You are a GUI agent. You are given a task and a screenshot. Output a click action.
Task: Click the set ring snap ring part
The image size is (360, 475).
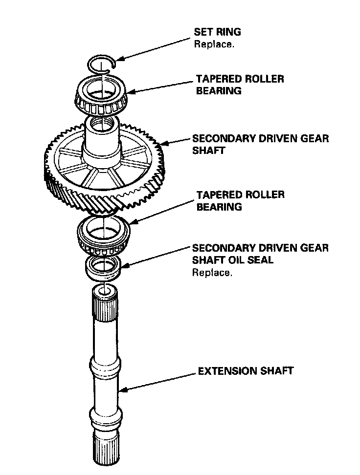102,64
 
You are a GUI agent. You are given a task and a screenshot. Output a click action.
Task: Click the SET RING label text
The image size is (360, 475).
218,32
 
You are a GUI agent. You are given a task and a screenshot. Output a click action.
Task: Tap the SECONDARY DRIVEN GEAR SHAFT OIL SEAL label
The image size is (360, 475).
260,254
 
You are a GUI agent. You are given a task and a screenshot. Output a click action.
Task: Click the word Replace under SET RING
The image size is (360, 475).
214,44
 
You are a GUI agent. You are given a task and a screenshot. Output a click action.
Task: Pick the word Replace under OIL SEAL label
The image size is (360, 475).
212,273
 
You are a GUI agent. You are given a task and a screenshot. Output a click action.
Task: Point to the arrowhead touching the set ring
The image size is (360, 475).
119,59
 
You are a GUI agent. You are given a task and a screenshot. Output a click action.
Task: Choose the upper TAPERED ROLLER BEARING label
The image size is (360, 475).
240,84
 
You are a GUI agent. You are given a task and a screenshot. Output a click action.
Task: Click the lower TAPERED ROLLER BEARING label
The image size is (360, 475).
240,200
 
